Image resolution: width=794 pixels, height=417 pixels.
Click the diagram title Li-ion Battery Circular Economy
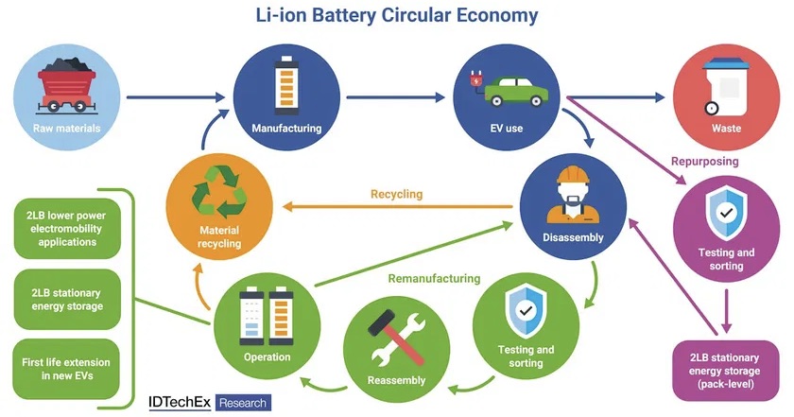397,16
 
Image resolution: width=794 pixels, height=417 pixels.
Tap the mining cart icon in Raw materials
63,83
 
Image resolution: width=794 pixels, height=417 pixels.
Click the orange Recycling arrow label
396,194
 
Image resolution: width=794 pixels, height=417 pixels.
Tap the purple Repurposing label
704,162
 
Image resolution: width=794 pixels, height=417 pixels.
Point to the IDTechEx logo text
181,402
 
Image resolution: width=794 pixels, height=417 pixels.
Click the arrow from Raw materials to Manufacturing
175,96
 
